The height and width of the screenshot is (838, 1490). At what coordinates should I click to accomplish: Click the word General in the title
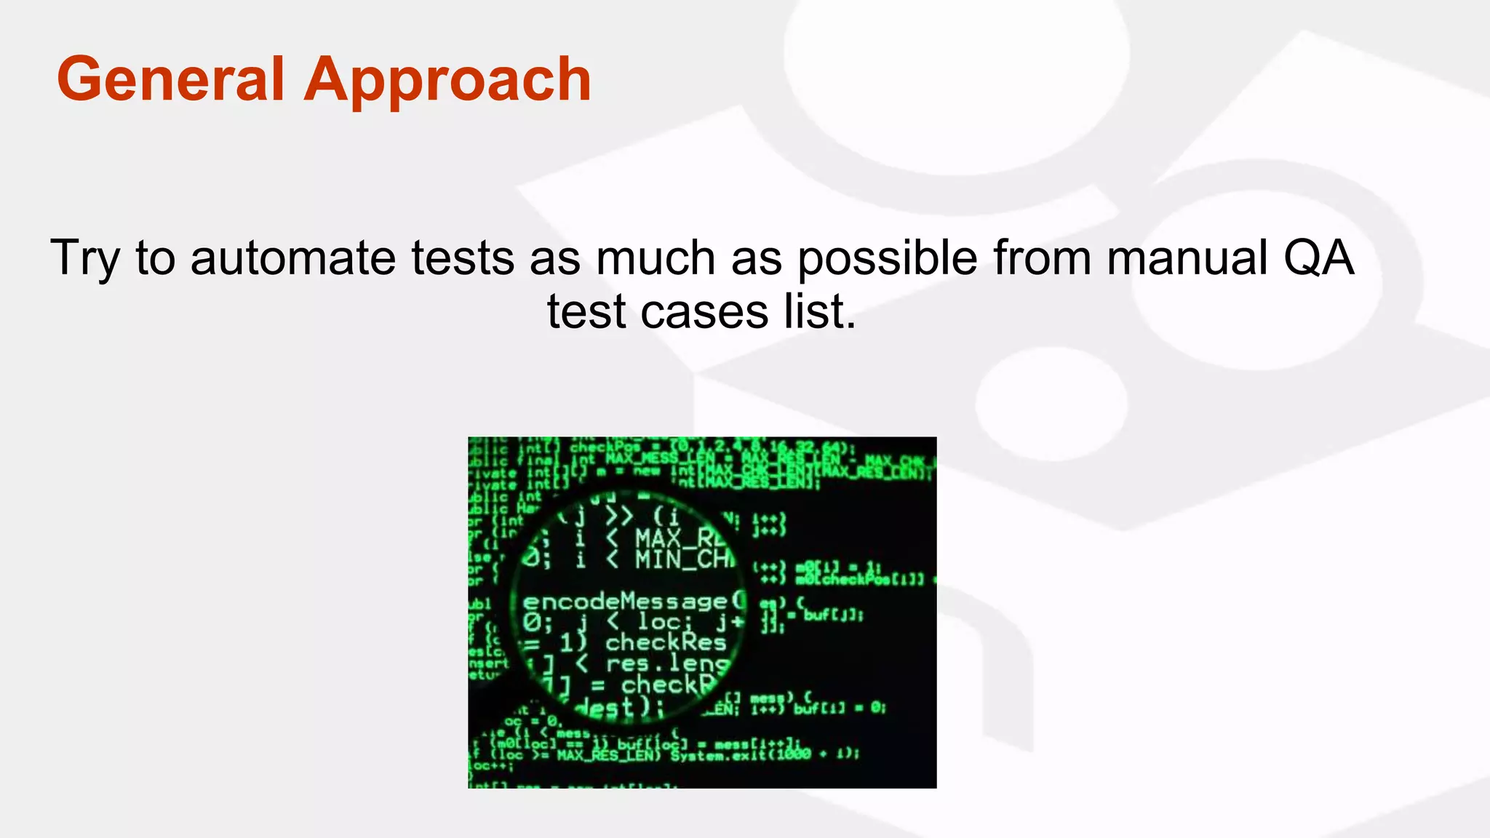[x=170, y=79]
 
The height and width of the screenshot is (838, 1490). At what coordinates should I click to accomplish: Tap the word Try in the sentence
[x=84, y=259]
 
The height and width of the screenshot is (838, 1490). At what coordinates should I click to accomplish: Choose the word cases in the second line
[x=704, y=312]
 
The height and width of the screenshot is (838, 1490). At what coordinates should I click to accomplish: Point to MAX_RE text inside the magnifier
[x=680, y=539]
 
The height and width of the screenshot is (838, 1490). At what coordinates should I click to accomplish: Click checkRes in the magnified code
[x=666, y=642]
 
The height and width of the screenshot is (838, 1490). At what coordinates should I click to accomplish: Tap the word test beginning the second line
[x=586, y=312]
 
